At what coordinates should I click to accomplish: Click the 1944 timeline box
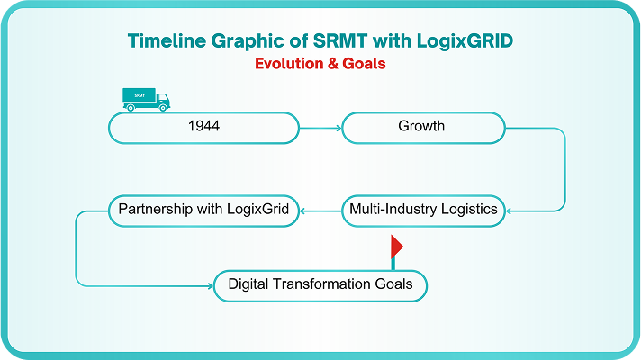(x=203, y=128)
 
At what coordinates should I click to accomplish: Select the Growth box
(x=423, y=128)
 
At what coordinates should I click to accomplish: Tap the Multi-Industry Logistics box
(x=423, y=211)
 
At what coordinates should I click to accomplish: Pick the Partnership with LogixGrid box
(x=203, y=211)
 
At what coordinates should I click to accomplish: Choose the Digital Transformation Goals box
(x=320, y=286)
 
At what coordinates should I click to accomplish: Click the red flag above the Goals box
(x=396, y=247)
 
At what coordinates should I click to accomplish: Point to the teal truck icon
(x=146, y=100)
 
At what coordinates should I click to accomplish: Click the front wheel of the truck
(x=163, y=108)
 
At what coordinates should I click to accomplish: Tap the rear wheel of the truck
(x=131, y=108)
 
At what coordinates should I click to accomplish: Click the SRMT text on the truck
(x=140, y=95)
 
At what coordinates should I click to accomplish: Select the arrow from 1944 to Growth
(x=320, y=128)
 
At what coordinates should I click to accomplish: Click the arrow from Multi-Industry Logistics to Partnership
(x=320, y=211)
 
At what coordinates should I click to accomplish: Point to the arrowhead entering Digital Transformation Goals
(x=211, y=286)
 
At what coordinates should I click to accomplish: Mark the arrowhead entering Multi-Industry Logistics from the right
(x=509, y=211)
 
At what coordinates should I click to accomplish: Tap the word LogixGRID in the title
(x=465, y=41)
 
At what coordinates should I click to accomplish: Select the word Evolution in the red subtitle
(x=289, y=64)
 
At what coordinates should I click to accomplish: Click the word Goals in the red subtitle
(x=364, y=64)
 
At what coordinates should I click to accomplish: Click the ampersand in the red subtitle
(x=333, y=64)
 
